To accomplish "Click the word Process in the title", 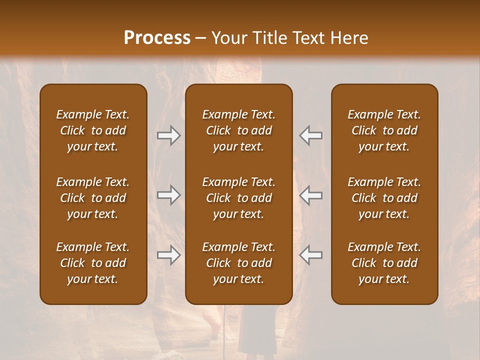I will (157, 38).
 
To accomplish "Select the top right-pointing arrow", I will (169, 135).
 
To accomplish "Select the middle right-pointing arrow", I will (169, 195).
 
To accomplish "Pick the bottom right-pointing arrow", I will (169, 255).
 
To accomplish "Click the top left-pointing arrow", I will (310, 135).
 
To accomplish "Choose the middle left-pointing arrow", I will (310, 195).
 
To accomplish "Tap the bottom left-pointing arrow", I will (310, 255).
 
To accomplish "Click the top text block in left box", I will (93, 130).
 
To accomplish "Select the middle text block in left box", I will (93, 198).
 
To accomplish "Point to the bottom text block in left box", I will (93, 263).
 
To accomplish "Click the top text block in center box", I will (238, 130).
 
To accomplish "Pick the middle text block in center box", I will (238, 198).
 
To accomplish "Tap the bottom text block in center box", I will (238, 263).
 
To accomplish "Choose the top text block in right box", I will (384, 130).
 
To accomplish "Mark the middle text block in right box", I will (384, 198).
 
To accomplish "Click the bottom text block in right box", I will (384, 263).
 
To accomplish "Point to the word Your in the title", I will (227, 38).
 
